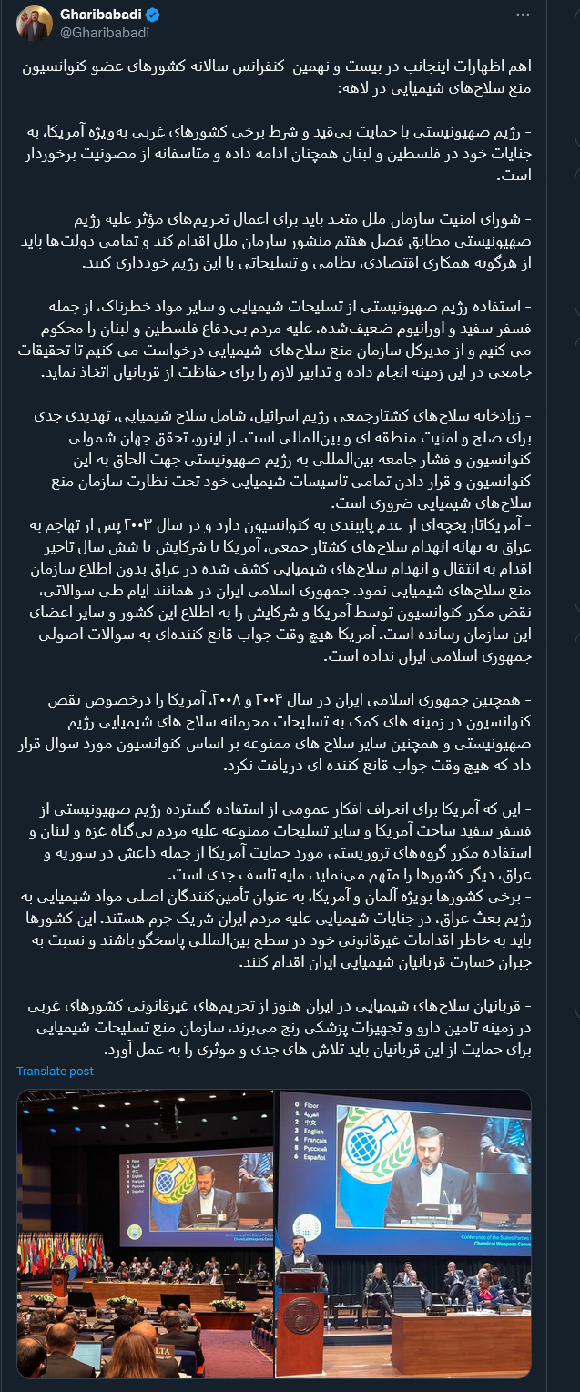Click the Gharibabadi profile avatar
[34, 24]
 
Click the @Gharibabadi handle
[104, 33]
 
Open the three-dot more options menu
[522, 15]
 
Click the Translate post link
[55, 1071]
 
